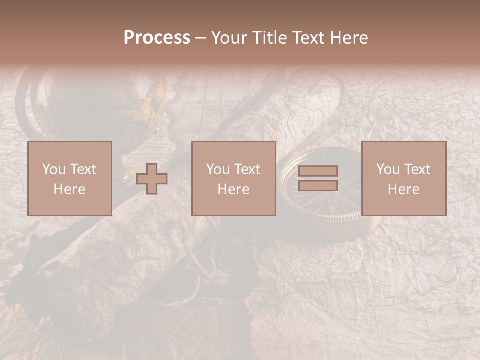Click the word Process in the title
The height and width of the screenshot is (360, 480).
pos(157,38)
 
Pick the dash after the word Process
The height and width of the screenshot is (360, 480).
pos(200,38)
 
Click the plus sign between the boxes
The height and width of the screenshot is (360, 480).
pos(152,179)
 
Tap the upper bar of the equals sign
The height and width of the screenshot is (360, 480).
pos(318,171)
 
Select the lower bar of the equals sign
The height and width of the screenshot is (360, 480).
pos(318,186)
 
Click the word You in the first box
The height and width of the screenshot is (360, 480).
pos(54,169)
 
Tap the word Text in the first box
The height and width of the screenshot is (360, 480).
pos(83,169)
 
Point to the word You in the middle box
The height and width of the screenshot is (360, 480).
pos(218,169)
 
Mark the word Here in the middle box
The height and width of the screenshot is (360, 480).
pos(234,189)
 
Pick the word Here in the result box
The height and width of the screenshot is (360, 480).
pos(404,189)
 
